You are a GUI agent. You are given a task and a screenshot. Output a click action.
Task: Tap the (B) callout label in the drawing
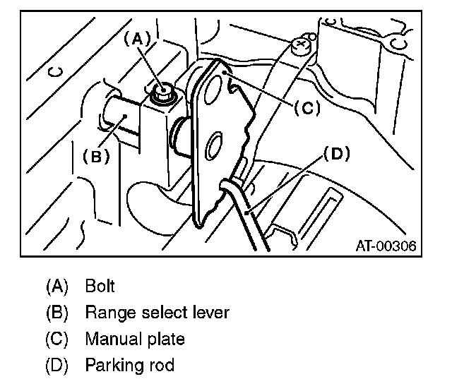click(96, 157)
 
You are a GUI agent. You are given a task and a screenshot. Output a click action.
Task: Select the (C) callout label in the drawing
click(307, 107)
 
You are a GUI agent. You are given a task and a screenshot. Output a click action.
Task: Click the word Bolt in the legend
click(100, 286)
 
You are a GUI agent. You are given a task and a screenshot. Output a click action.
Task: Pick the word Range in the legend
click(105, 313)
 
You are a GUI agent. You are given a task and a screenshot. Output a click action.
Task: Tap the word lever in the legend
click(210, 312)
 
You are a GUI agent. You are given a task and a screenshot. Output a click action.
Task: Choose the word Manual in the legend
click(109, 339)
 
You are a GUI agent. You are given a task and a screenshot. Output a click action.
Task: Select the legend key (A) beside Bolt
click(56, 286)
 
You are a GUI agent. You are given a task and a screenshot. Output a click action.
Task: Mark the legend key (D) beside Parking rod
click(56, 366)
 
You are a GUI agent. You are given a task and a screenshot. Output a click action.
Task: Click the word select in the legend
click(160, 312)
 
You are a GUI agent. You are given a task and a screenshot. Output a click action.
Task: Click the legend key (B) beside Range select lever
click(56, 313)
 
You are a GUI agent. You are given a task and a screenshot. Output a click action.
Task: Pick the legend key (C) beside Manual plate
click(56, 339)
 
